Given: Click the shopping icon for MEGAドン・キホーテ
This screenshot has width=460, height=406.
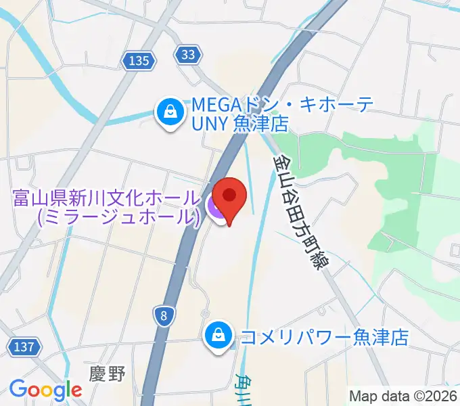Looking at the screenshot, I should click(x=168, y=111).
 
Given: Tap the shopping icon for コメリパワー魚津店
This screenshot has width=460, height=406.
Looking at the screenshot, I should click(x=218, y=334).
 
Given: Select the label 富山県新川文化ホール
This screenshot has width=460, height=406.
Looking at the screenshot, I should click(x=106, y=199).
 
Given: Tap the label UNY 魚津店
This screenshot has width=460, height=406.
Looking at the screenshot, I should click(x=239, y=125).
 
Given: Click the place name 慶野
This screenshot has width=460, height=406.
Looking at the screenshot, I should click(x=108, y=374).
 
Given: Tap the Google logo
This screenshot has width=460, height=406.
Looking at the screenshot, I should click(x=45, y=390).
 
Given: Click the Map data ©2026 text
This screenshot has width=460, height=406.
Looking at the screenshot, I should click(x=403, y=396).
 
